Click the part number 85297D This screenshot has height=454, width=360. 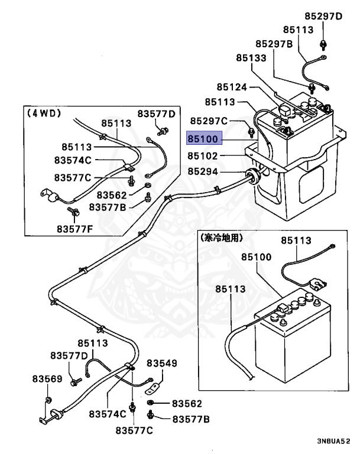(323, 16)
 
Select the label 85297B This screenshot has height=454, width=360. (274, 44)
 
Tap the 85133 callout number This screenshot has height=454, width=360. (251, 58)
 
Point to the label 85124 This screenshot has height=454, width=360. (232, 87)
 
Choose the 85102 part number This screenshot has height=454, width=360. (202, 156)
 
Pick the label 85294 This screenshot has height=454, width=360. (203, 171)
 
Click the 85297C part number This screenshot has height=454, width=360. (209, 121)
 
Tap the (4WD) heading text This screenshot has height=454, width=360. (44, 113)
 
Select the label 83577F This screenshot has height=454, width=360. (74, 229)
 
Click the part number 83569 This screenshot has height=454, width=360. (47, 379)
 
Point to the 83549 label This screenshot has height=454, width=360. (161, 363)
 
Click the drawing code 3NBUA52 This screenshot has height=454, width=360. (333, 441)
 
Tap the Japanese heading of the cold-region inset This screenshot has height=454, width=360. (221, 238)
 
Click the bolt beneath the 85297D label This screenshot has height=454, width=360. (323, 45)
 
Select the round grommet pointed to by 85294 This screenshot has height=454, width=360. (252, 175)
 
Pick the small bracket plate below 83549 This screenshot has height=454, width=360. (153, 390)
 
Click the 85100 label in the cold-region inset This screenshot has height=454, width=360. (257, 257)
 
